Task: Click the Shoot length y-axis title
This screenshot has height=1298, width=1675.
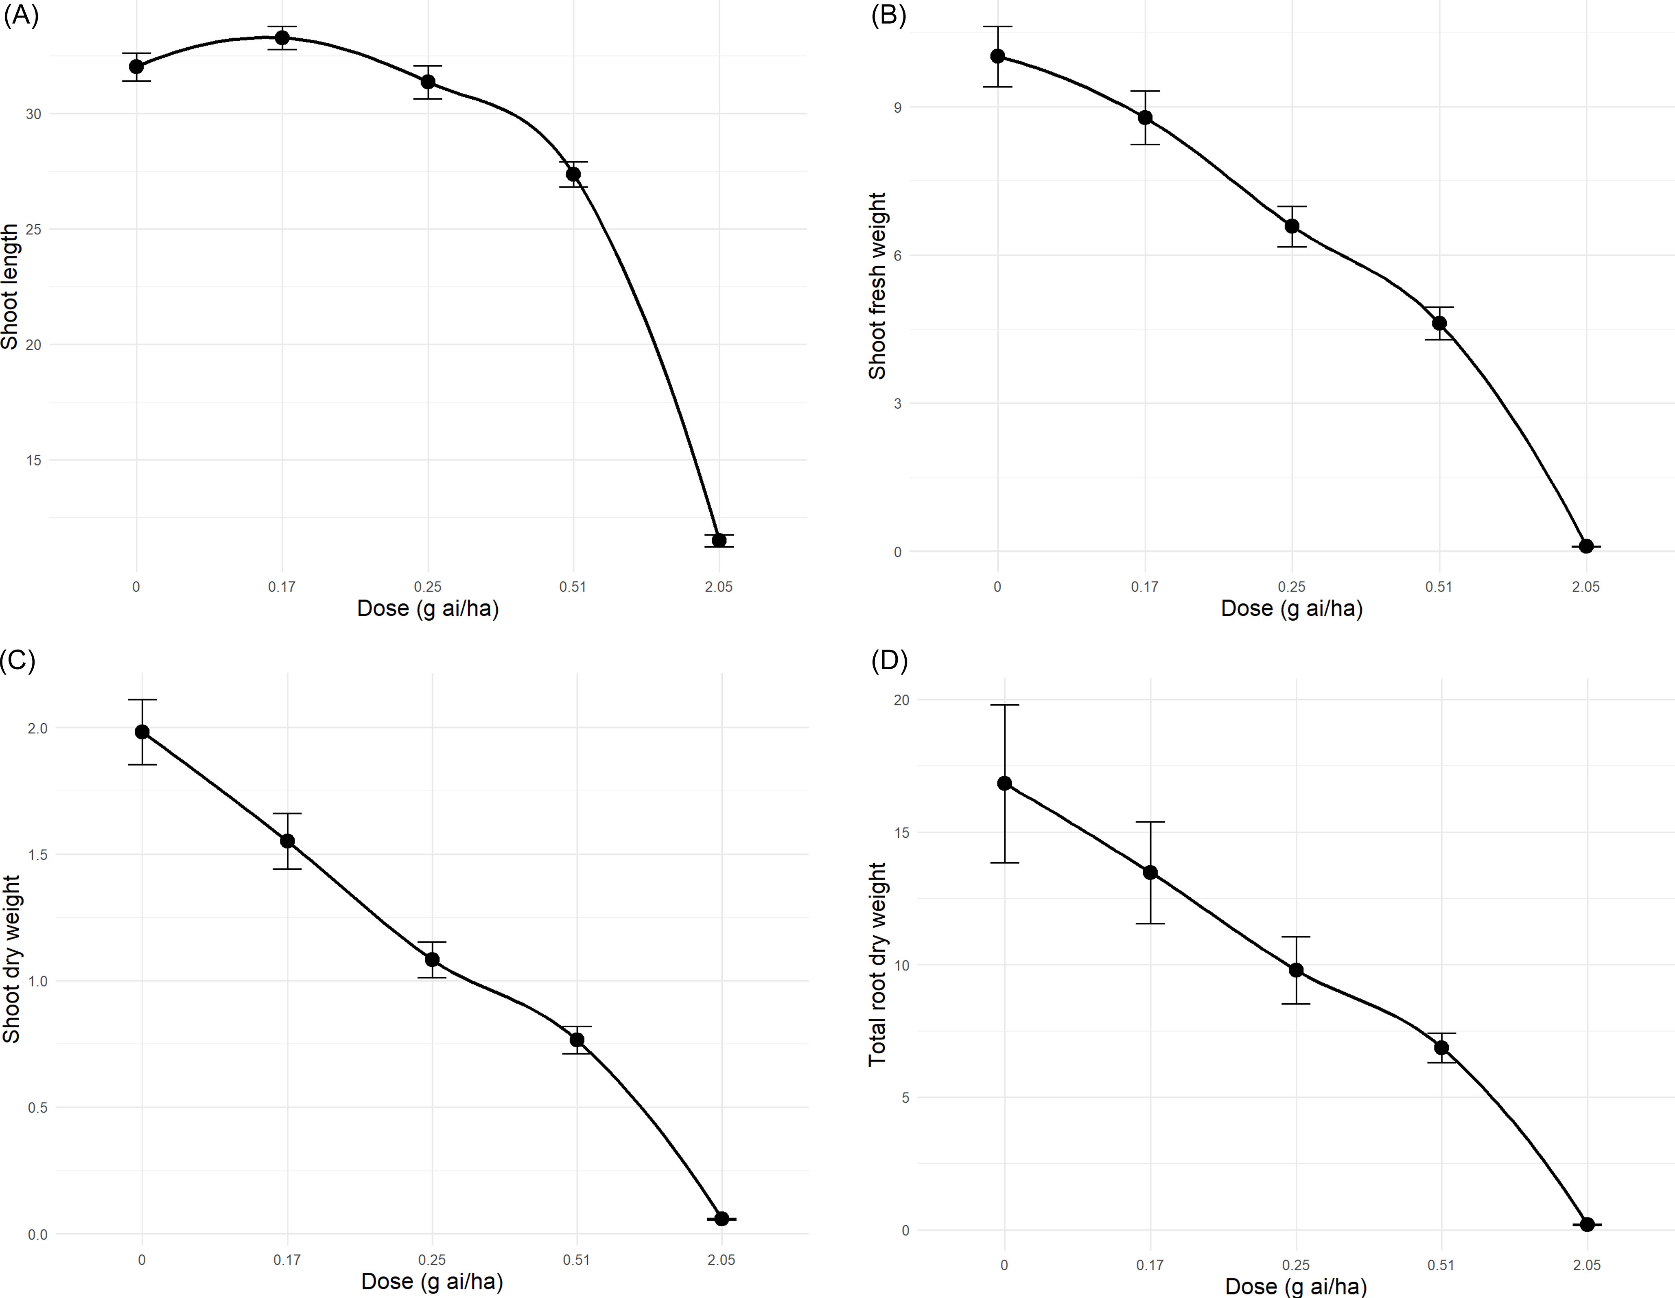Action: coord(10,287)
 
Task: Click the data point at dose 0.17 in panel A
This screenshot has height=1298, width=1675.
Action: coord(282,37)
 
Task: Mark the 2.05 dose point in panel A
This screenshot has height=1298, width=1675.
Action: coord(719,541)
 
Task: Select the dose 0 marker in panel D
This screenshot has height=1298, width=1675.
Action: coord(1004,783)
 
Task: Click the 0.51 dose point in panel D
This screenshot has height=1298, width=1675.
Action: coord(1441,1047)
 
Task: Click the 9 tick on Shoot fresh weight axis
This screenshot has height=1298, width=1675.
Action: coord(897,107)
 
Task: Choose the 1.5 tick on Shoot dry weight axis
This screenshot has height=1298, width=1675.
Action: coord(37,855)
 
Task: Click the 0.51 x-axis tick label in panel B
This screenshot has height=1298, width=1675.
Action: coord(1439,587)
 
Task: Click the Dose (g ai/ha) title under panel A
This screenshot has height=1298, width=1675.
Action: coord(428,609)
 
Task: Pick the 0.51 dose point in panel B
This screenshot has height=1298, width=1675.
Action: coord(1439,323)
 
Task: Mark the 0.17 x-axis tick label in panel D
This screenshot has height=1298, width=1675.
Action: coord(1150,1265)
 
